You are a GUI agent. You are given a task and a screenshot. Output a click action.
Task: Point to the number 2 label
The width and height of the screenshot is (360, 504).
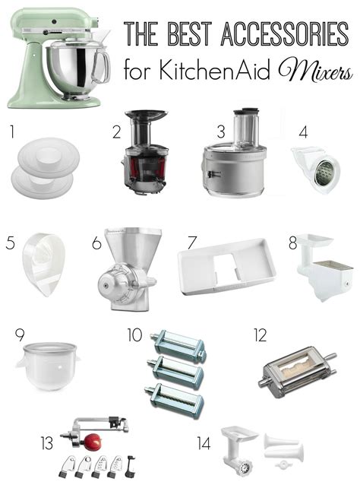click(117, 132)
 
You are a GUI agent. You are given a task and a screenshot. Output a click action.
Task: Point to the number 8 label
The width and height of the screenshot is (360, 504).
click(293, 245)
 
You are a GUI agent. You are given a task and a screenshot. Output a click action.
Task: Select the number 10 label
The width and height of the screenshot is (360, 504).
click(134, 334)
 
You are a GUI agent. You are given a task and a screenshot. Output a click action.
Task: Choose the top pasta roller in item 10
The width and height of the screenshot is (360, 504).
click(178, 347)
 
